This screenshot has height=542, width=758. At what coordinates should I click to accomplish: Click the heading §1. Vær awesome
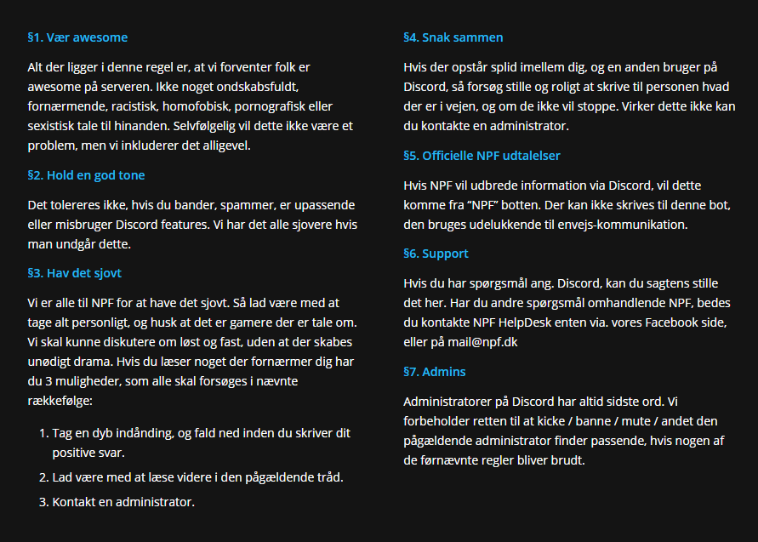click(x=77, y=37)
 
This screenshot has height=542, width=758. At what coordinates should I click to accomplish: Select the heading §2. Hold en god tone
click(x=86, y=175)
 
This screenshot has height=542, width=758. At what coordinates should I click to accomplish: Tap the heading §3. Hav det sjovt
click(x=80, y=273)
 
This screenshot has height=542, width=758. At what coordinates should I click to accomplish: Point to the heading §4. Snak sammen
click(x=453, y=37)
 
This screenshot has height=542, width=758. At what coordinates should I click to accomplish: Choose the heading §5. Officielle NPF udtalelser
click(x=482, y=156)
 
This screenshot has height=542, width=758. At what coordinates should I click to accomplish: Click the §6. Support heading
click(x=436, y=254)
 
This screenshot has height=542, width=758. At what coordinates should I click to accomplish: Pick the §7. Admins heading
click(x=434, y=372)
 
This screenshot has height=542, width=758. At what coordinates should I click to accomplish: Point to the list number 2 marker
click(x=43, y=476)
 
